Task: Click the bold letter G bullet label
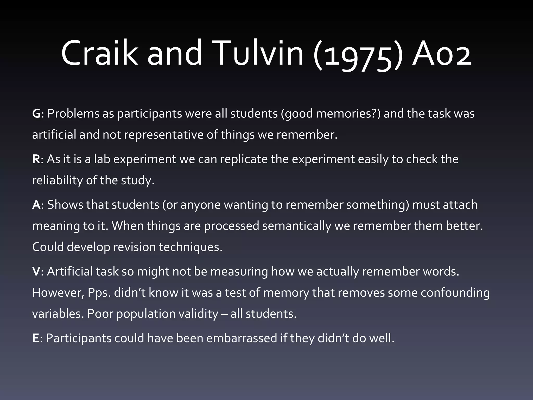point(36,114)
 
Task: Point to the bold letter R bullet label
point(36,159)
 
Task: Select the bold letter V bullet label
point(36,272)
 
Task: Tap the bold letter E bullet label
point(35,338)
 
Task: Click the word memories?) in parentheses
point(348,114)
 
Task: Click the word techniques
point(191,247)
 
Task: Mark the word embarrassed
point(242,338)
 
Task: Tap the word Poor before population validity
point(100,314)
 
